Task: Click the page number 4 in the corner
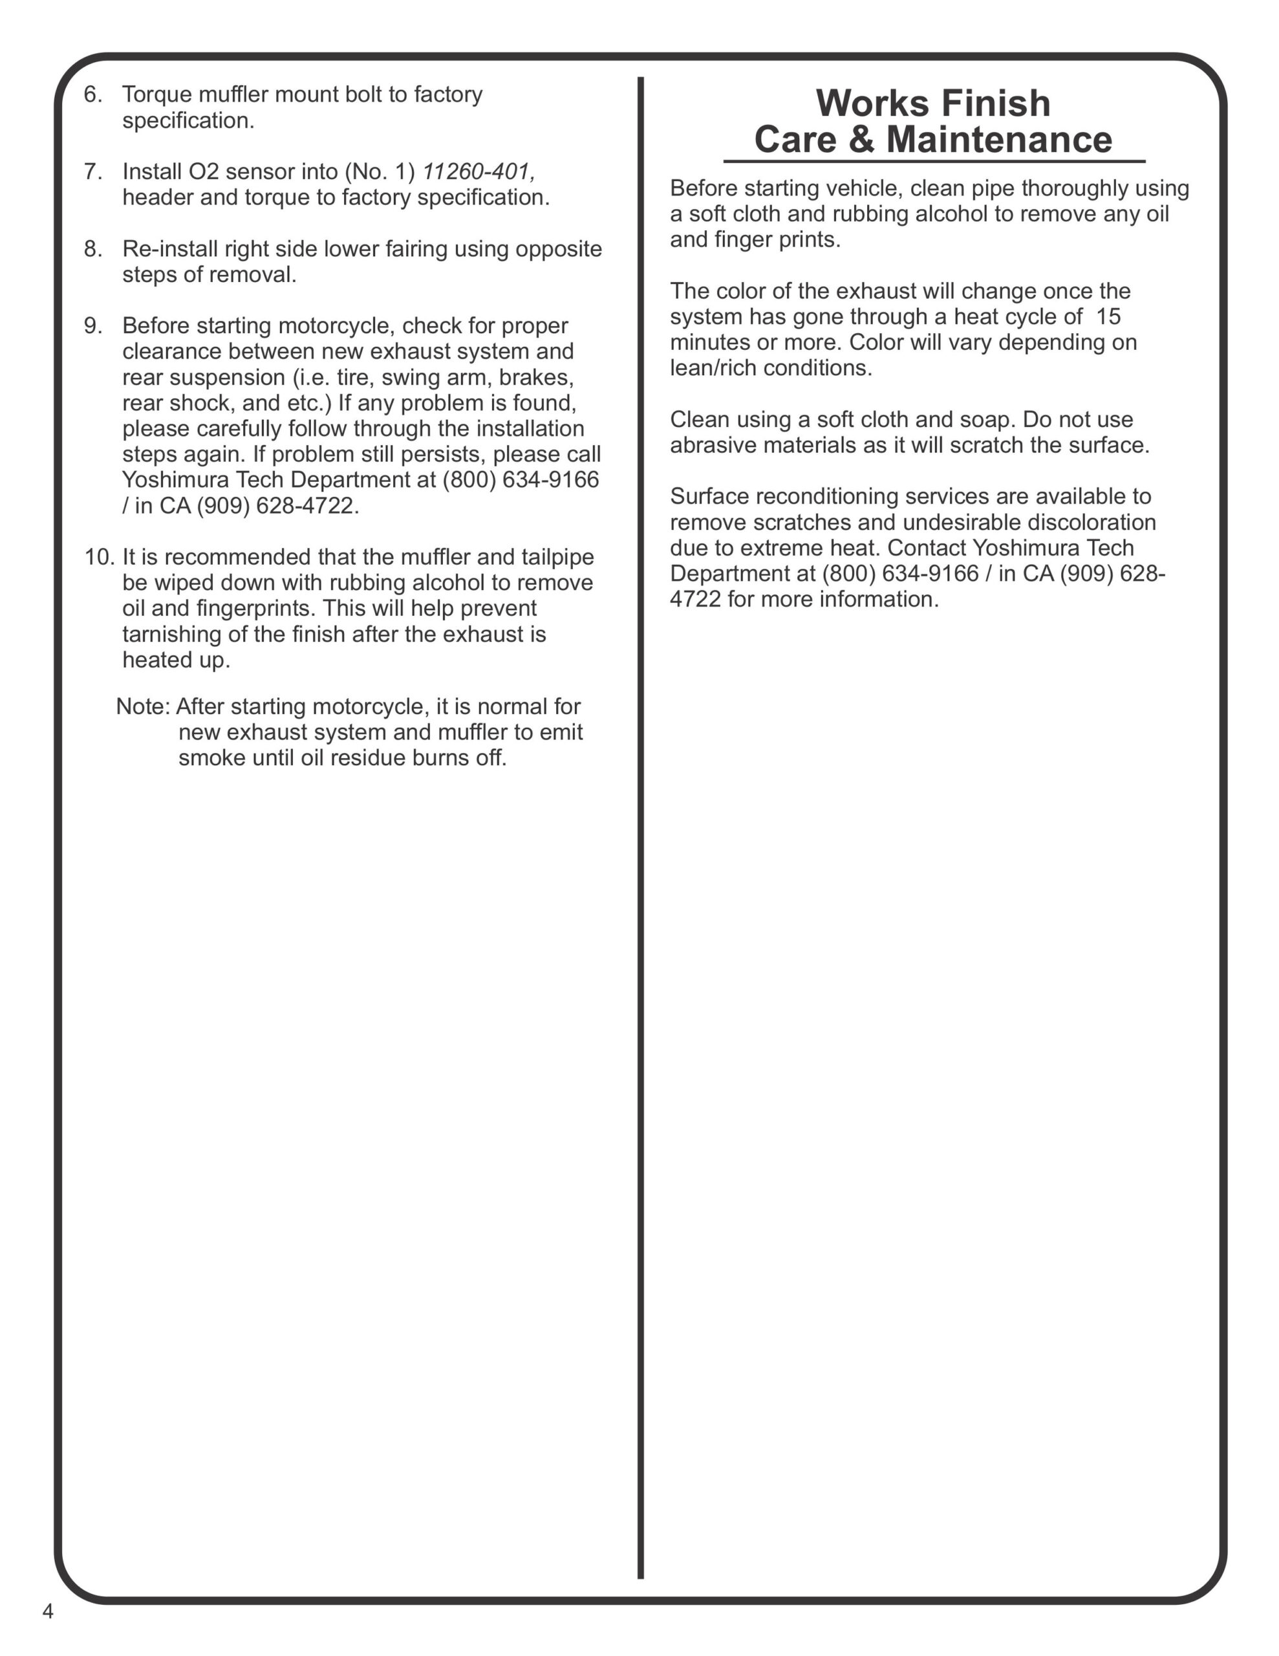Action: (48, 1611)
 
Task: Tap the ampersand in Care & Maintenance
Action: (861, 140)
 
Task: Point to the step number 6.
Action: (92, 95)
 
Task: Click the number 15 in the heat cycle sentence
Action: (1108, 317)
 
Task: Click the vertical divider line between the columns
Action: (641, 834)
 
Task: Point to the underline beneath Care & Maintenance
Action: (933, 162)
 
